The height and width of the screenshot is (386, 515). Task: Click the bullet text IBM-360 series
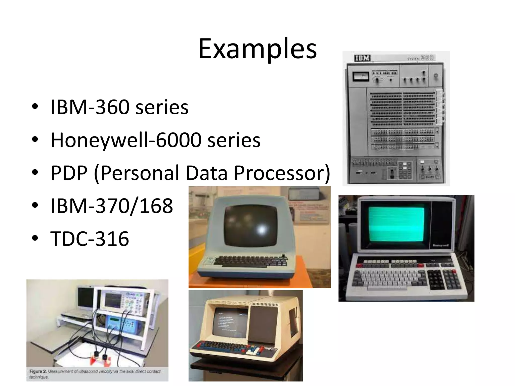(x=119, y=107)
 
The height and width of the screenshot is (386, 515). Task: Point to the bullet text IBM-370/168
(x=112, y=206)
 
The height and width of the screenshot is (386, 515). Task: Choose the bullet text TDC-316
(x=90, y=238)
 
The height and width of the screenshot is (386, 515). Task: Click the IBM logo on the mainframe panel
(x=362, y=58)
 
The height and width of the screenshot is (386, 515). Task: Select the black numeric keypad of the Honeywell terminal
(x=444, y=279)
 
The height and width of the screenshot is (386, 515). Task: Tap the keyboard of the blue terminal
(x=250, y=261)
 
